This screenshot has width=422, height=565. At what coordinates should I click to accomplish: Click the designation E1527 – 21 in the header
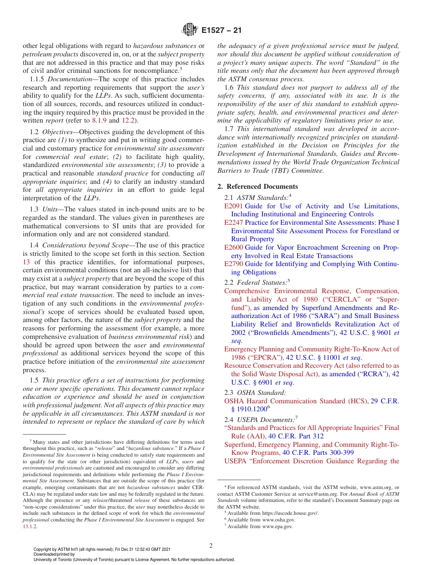pos(221,31)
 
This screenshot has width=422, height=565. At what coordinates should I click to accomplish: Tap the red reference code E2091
pos(233,206)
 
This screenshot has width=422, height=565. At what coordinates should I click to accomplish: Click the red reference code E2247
pos(233,223)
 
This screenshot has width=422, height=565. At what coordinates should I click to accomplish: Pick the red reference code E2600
pos(233,247)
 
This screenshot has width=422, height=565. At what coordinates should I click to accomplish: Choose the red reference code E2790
pos(233,264)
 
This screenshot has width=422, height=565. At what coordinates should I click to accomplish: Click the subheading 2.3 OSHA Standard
pos(255,393)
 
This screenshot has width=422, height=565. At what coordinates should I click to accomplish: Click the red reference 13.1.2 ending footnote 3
pos(30,526)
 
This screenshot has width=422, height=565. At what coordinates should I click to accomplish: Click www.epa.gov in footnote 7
pos(276,526)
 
